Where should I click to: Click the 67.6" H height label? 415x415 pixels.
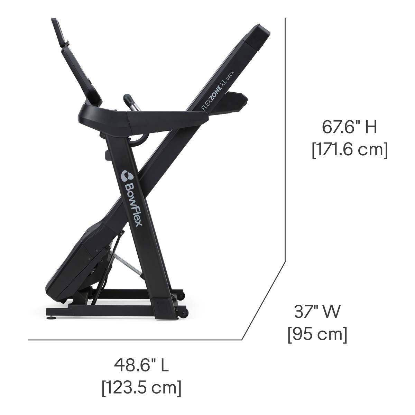pyautogui.click(x=349, y=127)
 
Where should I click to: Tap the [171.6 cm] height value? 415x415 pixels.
pyautogui.click(x=350, y=150)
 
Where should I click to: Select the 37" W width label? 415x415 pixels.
pyautogui.click(x=317, y=312)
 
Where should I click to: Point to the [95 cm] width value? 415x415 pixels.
pyautogui.click(x=317, y=334)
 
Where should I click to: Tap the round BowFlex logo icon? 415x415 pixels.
pyautogui.click(x=127, y=176)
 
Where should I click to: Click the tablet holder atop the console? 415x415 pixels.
pyautogui.click(x=60, y=32)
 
